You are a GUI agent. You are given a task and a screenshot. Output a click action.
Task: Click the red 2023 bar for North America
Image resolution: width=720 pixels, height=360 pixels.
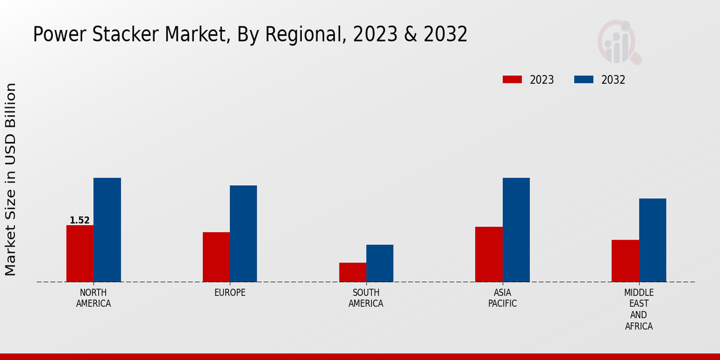(80, 253)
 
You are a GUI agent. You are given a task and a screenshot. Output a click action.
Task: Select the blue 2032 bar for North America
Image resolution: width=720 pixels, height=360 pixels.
(107, 230)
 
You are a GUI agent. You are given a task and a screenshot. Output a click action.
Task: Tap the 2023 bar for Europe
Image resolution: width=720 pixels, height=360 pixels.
(216, 257)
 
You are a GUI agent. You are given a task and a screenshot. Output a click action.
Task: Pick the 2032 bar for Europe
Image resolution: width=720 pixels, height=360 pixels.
(243, 233)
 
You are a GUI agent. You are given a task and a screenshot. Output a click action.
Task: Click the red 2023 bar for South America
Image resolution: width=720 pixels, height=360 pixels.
(352, 272)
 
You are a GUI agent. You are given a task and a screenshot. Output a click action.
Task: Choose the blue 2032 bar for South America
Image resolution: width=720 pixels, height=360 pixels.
(380, 263)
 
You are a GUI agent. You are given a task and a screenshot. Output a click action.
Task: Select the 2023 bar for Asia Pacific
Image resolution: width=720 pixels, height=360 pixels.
(488, 254)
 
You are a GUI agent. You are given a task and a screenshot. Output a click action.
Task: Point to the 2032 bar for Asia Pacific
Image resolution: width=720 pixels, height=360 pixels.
(516, 230)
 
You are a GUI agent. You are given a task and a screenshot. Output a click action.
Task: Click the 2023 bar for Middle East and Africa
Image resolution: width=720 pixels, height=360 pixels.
(625, 260)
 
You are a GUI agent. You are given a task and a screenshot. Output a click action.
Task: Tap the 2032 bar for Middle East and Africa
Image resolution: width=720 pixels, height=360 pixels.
(652, 240)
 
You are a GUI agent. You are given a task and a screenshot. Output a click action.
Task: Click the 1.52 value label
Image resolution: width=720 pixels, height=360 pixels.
(79, 220)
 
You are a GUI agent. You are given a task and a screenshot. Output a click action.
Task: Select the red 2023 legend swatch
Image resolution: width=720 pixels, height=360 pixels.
(512, 80)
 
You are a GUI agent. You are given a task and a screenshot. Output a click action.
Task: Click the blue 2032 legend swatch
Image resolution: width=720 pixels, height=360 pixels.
(584, 80)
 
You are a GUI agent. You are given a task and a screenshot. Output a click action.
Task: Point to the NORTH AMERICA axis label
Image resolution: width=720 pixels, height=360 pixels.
(94, 298)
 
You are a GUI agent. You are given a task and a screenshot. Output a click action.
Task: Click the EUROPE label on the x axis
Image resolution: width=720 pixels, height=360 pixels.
(230, 293)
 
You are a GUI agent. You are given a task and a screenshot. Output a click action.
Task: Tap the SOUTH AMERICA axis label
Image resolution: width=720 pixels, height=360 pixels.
(366, 298)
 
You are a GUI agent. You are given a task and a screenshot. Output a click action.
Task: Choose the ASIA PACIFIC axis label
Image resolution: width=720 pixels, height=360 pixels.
(502, 298)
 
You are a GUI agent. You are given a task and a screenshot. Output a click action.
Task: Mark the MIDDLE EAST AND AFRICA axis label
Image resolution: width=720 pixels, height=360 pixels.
(638, 310)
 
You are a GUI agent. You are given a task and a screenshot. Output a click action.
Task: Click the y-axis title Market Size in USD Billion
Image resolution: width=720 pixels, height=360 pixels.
(11, 179)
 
